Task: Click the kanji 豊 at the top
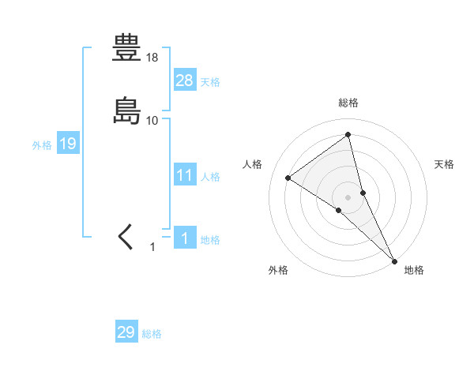point(127,49)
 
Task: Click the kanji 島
point(127,111)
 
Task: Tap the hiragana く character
point(126,236)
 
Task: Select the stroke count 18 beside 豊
point(152,58)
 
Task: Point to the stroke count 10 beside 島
point(152,120)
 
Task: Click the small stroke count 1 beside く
point(153,247)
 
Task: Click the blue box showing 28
point(185,80)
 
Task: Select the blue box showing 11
point(185,175)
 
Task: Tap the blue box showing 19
point(68,144)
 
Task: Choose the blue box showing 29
point(126,332)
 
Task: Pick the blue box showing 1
point(185,238)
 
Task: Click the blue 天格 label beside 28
point(210,82)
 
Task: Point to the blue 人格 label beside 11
point(210,177)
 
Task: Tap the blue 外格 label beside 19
point(42,145)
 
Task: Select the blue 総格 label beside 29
point(152,334)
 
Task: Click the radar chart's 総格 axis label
point(348,103)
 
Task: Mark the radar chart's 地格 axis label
point(414,270)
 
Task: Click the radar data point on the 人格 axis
point(288,178)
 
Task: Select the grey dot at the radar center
point(348,197)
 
